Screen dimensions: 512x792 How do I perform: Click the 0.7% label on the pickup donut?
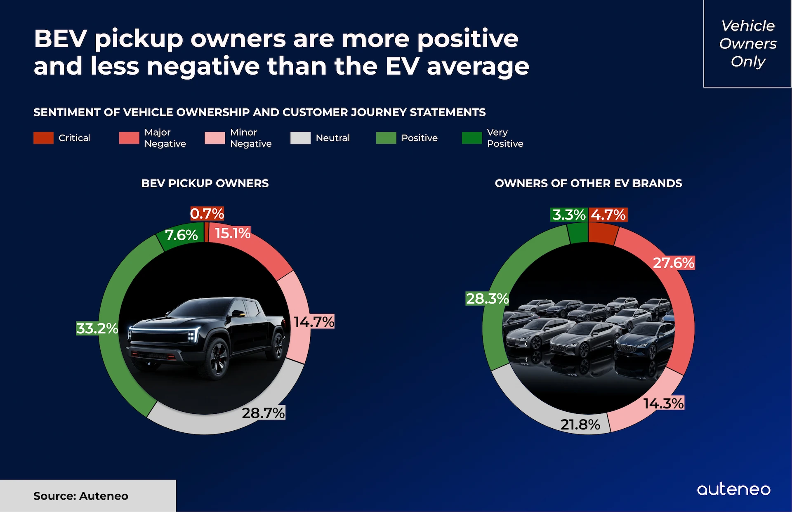click(207, 214)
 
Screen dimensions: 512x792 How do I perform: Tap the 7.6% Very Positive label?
click(181, 235)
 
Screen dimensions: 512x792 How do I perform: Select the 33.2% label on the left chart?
click(97, 328)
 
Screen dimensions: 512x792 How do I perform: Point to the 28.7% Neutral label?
click(263, 413)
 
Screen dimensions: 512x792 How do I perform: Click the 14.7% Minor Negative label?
click(313, 322)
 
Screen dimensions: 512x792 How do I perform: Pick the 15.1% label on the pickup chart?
click(233, 234)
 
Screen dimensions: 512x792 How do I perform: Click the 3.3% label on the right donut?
click(569, 215)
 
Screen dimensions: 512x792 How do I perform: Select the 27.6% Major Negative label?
click(674, 263)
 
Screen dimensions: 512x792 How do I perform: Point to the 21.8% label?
click(580, 425)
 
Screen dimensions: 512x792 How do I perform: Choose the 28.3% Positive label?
click(487, 299)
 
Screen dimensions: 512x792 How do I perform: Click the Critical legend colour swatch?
click(43, 138)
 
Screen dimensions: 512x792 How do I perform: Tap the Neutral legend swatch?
click(300, 138)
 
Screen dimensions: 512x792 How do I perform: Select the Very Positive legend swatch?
click(472, 138)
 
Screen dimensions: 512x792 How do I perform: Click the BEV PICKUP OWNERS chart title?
click(205, 184)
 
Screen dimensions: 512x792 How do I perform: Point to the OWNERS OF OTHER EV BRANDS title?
click(588, 184)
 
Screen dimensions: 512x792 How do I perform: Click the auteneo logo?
click(733, 489)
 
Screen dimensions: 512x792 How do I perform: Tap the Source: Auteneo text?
click(81, 496)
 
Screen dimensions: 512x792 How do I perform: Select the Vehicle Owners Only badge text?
click(748, 43)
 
